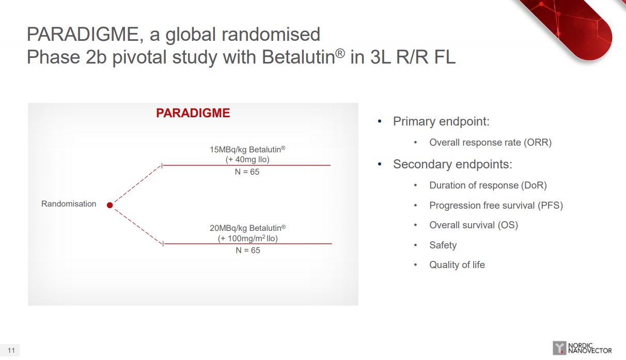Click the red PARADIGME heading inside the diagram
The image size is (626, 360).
(193, 113)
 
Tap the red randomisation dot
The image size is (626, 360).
(110, 205)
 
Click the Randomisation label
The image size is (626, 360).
(69, 204)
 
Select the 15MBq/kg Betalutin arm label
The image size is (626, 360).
(247, 150)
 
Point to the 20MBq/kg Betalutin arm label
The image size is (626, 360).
(248, 228)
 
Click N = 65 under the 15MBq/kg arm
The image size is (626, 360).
(247, 171)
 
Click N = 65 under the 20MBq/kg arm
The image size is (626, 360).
(248, 250)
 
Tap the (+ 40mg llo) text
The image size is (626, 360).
(247, 160)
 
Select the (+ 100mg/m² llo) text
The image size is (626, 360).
(248, 239)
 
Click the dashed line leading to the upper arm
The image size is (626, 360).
(138, 184)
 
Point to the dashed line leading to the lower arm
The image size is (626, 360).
(139, 226)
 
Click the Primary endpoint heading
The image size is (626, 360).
(441, 121)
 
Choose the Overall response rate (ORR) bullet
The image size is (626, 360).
(491, 143)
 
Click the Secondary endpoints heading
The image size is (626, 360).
(452, 164)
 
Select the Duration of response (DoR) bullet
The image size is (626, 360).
(488, 185)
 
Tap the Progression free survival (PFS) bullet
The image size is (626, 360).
(496, 206)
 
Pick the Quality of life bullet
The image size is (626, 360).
(457, 264)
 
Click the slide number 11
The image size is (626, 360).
(11, 351)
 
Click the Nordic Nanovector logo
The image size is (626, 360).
(582, 348)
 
